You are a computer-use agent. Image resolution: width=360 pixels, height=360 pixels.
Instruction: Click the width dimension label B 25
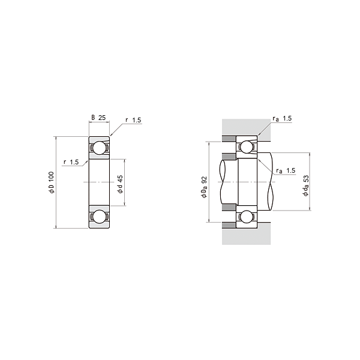99,118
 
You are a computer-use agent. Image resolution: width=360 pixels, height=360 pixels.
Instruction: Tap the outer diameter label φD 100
52,182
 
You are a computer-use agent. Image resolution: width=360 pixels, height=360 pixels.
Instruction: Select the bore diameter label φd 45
121,184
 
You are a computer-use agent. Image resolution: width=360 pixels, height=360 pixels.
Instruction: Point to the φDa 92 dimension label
204,187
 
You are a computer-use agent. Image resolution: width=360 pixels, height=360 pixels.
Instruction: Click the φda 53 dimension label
306,185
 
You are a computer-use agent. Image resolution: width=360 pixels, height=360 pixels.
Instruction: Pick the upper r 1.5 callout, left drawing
133,120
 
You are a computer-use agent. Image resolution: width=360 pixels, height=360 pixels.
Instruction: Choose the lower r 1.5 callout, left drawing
71,162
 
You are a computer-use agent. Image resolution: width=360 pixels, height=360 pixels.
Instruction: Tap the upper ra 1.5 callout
282,118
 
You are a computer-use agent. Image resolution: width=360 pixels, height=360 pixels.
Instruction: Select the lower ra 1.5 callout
286,170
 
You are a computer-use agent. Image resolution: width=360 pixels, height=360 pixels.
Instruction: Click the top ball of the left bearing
99,148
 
